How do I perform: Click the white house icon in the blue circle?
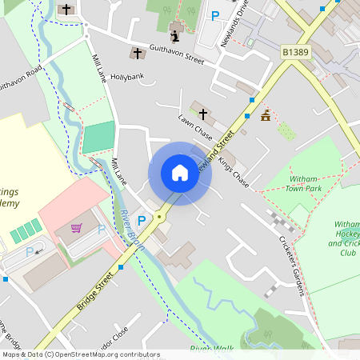179,173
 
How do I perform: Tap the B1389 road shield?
295,52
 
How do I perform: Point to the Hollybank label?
127,77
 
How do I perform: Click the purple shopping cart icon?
77,228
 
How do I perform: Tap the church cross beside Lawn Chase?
204,114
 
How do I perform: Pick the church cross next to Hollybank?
138,54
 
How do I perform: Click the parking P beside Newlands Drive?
214,15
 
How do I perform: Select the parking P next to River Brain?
142,220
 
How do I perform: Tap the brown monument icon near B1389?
266,116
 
